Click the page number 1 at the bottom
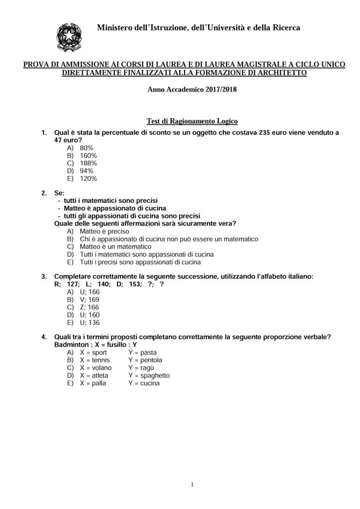(x=192, y=485)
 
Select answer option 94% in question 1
(x=87, y=170)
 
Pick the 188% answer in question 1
(x=88, y=163)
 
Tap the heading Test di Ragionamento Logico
(x=192, y=121)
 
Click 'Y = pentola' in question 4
(x=145, y=360)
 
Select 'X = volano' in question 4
(x=95, y=368)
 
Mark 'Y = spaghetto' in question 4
(x=149, y=375)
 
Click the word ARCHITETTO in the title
(x=283, y=73)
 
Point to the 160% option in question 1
(x=88, y=156)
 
